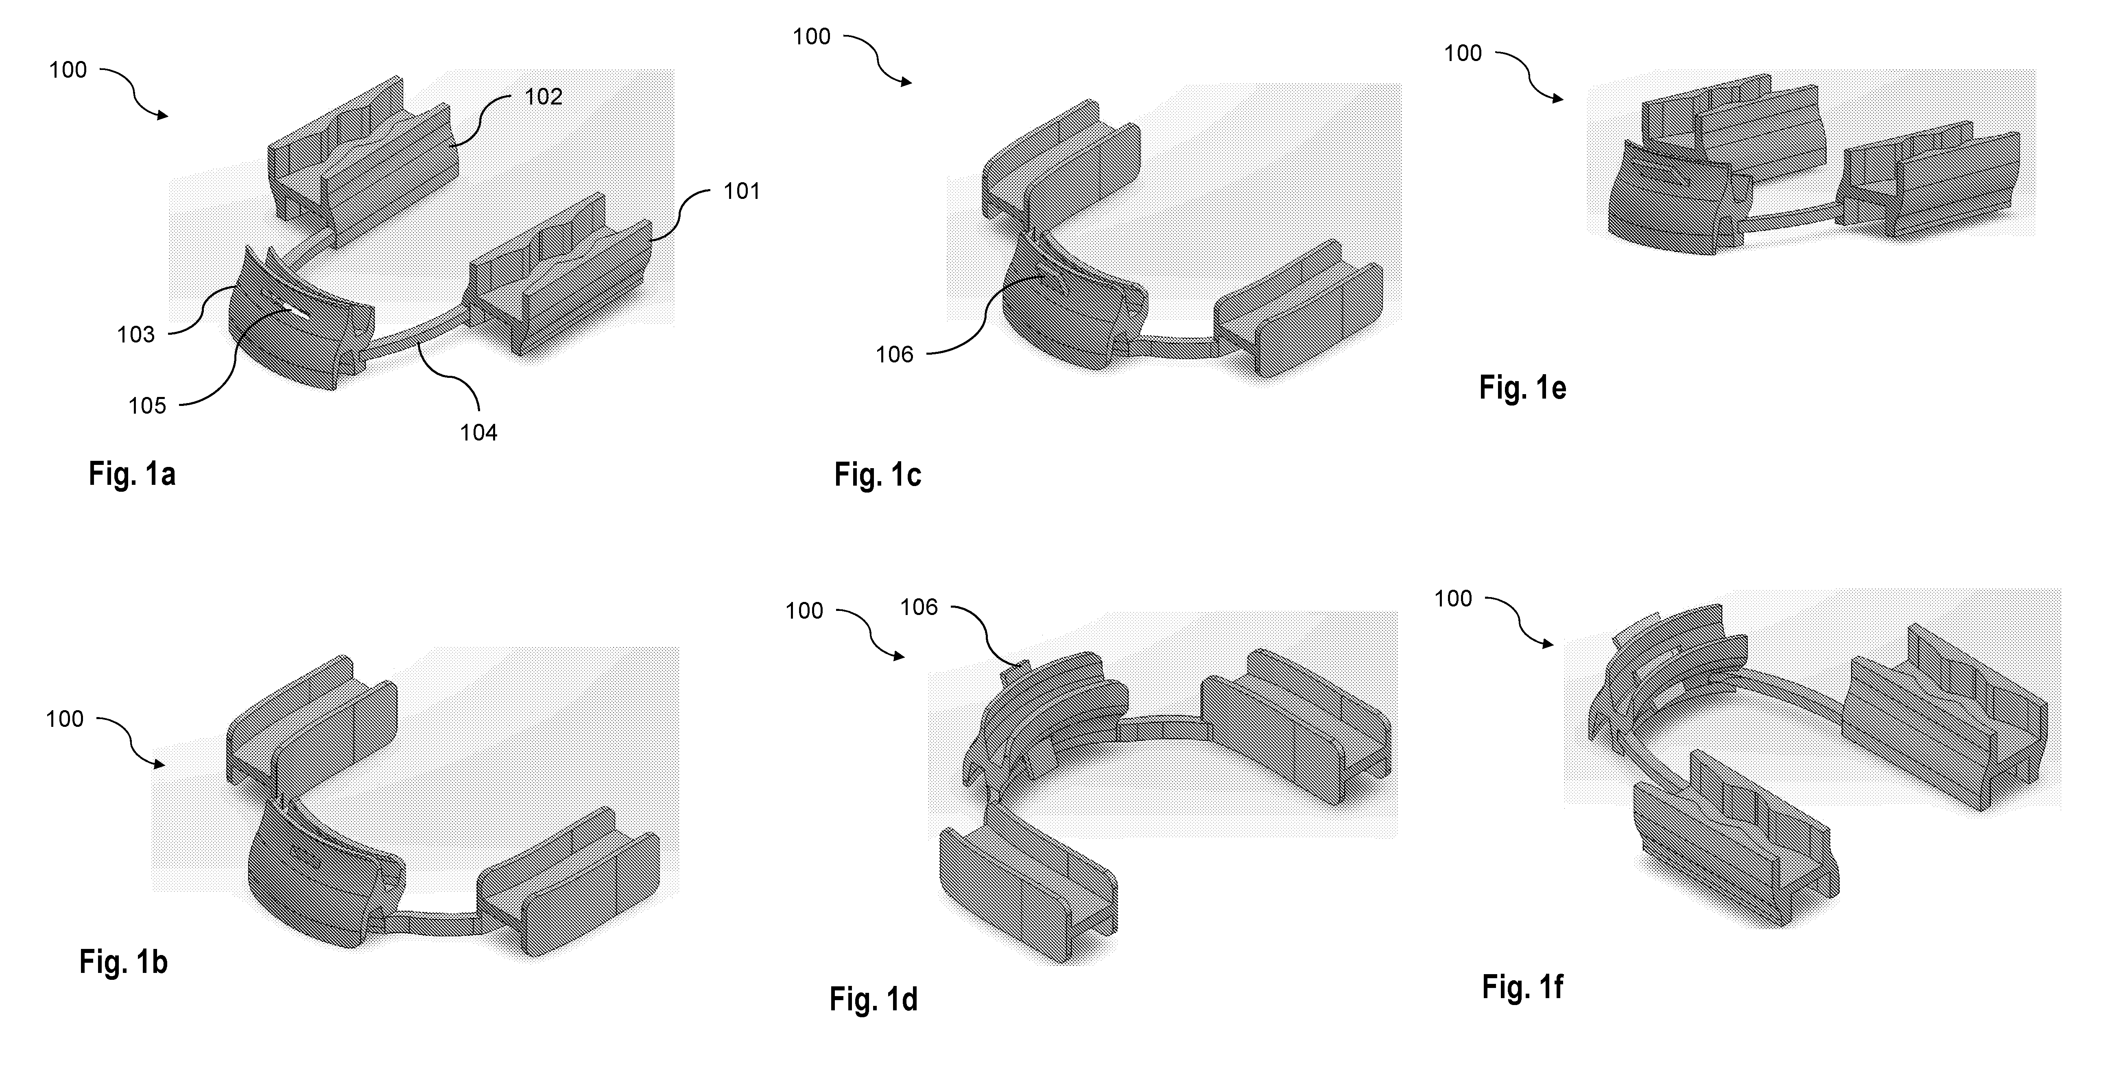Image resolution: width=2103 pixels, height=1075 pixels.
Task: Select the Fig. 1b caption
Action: pos(123,962)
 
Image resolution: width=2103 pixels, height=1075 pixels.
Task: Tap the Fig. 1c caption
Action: pos(878,474)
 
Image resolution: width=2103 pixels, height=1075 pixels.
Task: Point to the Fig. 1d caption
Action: pos(874,999)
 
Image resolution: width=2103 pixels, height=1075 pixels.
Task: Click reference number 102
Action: pos(543,97)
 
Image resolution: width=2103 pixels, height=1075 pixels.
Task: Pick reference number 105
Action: pos(147,406)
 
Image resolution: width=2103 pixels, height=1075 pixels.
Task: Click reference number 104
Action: pos(478,433)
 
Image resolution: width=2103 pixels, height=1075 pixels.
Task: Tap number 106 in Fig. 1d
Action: pos(918,607)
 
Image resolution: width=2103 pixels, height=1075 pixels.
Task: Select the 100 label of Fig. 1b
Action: pos(65,719)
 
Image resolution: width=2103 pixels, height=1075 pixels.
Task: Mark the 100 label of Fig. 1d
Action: pos(804,611)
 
